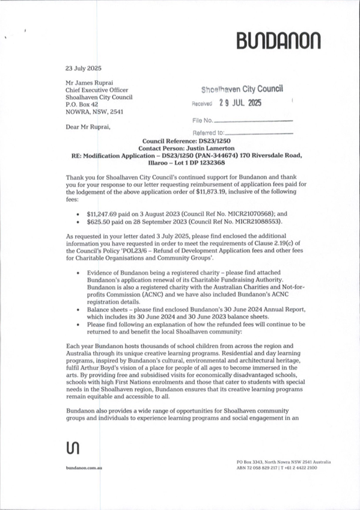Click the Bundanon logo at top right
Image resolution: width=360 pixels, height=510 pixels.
(278, 40)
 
